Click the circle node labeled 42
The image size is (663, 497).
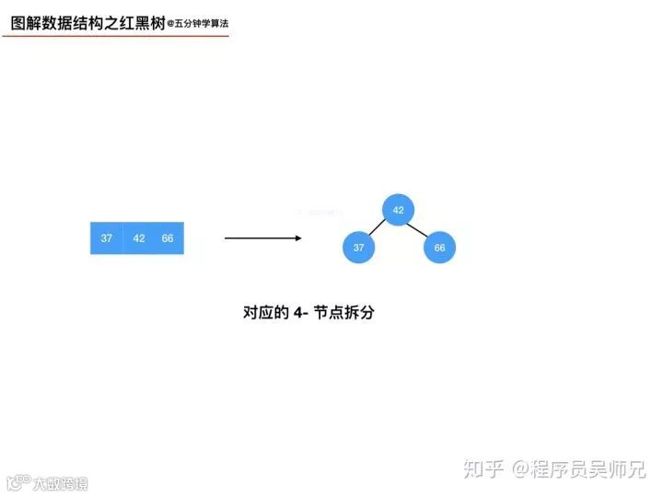coord(398,210)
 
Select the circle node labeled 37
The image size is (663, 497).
coord(359,248)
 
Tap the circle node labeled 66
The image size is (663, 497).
coord(439,248)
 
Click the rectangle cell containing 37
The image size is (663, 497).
coord(107,238)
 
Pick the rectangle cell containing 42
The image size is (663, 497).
coord(139,238)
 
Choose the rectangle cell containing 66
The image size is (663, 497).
coord(169,238)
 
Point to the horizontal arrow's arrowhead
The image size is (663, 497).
coord(297,238)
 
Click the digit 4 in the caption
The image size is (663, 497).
coord(298,313)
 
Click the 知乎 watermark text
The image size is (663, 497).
coord(484,469)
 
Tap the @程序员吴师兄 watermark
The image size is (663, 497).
coord(580,469)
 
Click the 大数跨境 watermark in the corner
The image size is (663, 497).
coord(60,483)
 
